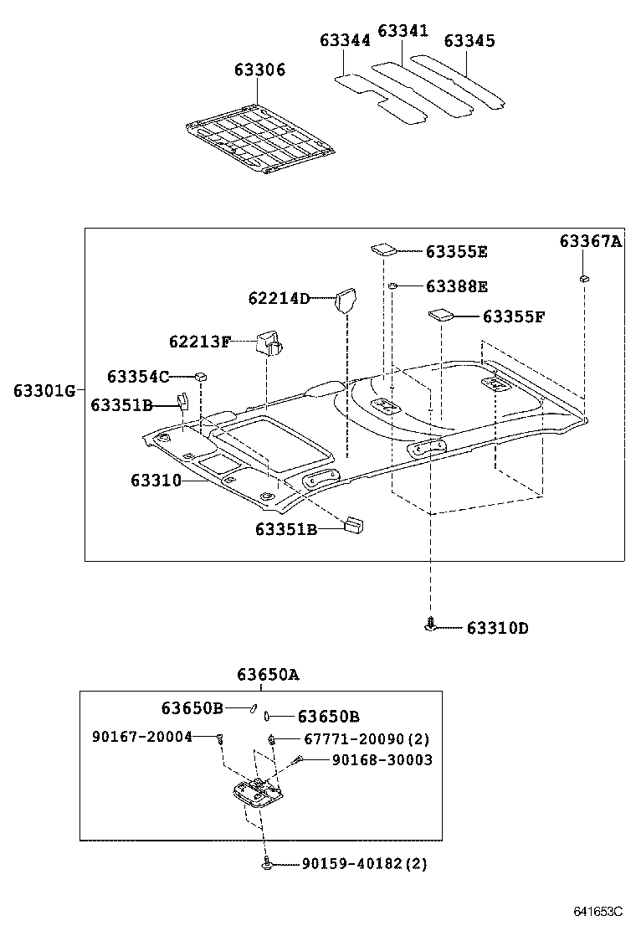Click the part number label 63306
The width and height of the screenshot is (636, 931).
coord(259,70)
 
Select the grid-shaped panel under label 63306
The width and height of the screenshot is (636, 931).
coord(260,138)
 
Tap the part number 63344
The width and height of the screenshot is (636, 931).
coord(345,40)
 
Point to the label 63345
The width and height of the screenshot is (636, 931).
coord(469,40)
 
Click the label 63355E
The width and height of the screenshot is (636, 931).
coord(457,251)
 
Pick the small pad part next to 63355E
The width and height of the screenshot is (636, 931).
coord(383,248)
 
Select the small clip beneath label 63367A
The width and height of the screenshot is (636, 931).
coord(583,278)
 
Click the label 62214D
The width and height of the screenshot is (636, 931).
coord(279,298)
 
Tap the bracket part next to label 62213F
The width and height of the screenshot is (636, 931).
coord(269,342)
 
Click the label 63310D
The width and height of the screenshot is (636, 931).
coord(497,627)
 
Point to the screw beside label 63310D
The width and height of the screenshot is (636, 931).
coord(430,625)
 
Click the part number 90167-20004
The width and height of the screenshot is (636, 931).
coord(142,736)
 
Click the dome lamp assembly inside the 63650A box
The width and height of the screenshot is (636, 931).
coord(255,792)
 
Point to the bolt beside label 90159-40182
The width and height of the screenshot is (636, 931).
coord(266,863)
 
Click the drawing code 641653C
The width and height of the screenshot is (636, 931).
coord(598,911)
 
